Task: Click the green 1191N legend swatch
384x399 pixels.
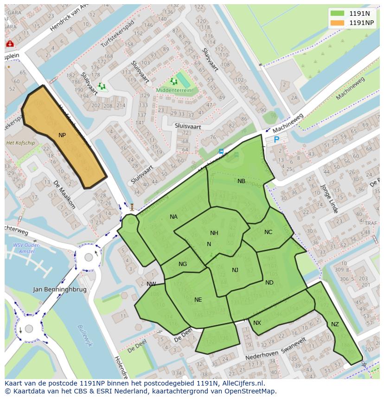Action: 338,13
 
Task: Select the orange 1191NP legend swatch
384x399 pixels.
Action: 338,23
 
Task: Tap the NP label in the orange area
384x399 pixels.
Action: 62,135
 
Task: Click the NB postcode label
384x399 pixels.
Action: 241,181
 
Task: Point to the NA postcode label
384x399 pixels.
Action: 173,216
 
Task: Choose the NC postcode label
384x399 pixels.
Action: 268,232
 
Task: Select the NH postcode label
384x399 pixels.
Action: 214,233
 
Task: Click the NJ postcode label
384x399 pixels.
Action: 235,270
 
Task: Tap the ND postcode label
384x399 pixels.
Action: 269,283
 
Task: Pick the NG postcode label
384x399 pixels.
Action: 183,264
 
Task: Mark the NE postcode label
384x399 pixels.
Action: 198,300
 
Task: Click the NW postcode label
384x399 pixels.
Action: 151,284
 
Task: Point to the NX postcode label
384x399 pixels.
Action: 257,323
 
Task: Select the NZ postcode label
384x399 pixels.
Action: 335,324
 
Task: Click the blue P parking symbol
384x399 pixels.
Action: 276,139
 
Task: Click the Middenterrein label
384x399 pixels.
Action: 173,90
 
